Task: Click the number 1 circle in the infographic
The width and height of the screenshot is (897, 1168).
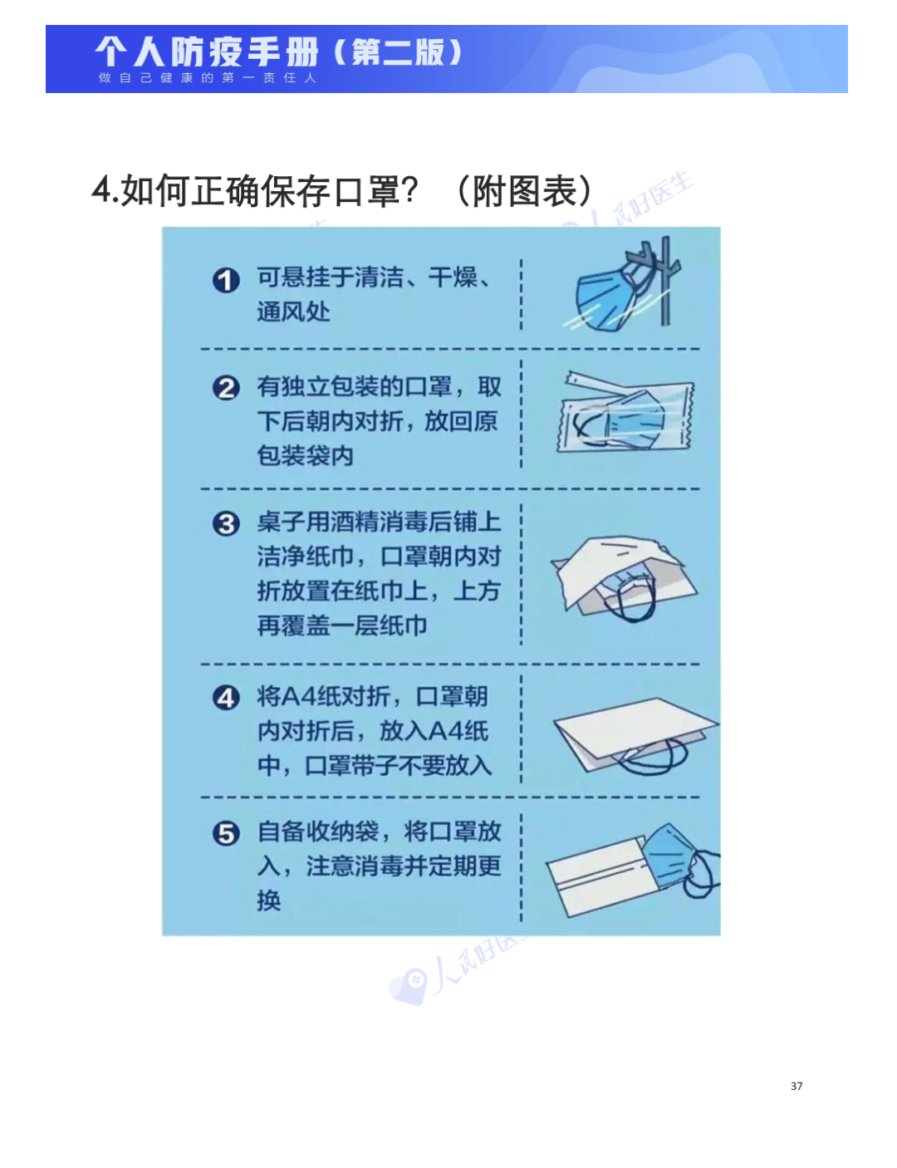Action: pos(226,280)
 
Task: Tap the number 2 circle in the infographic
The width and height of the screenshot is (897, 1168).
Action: pos(226,388)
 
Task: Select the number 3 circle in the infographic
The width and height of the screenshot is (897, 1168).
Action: pos(226,523)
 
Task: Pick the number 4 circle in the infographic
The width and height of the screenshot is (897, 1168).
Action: pos(226,698)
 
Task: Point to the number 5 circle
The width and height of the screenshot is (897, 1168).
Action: pos(226,834)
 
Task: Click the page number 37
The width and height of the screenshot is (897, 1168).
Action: pos(796,1086)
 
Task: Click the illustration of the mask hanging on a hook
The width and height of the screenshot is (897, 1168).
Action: pos(623,285)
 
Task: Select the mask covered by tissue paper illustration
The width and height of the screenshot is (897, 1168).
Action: pos(624,578)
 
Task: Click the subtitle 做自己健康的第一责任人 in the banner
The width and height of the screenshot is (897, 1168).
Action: pos(208,78)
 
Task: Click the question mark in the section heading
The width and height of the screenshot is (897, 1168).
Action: pos(409,190)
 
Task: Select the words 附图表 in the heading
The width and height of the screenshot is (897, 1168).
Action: pos(525,191)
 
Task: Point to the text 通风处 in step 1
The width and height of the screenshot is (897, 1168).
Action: pos(293,312)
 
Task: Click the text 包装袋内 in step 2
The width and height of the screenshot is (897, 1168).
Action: pos(305,456)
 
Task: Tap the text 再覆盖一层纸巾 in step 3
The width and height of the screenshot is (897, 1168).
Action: pos(342,626)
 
